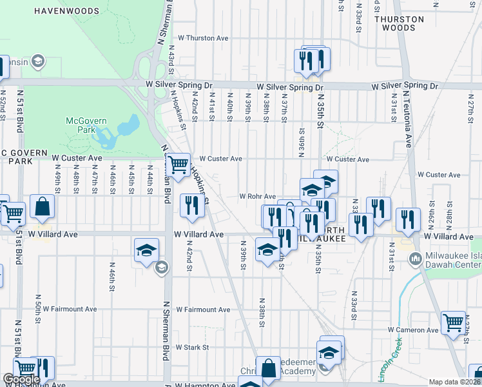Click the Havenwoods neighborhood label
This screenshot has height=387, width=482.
coord(67,12)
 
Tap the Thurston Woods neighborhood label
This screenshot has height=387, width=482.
coord(400,24)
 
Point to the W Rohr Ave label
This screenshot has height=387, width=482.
coord(258,196)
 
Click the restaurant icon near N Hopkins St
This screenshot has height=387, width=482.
coord(191,204)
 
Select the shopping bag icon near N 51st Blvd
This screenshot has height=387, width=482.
coord(42,206)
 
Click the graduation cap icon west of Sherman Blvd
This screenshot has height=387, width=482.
coord(146,249)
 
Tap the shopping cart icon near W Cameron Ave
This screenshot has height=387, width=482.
coord(453,321)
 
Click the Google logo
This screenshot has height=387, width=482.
coord(21,379)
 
